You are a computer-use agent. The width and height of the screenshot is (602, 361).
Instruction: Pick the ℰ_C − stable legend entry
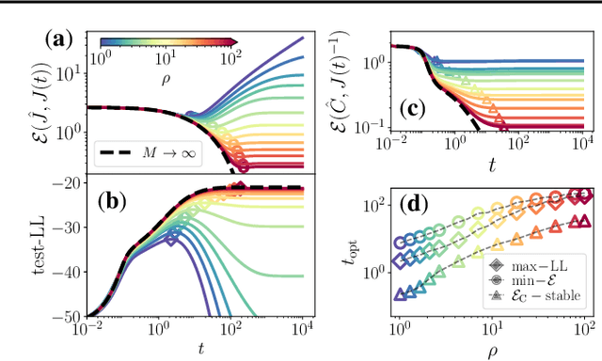(544, 295)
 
